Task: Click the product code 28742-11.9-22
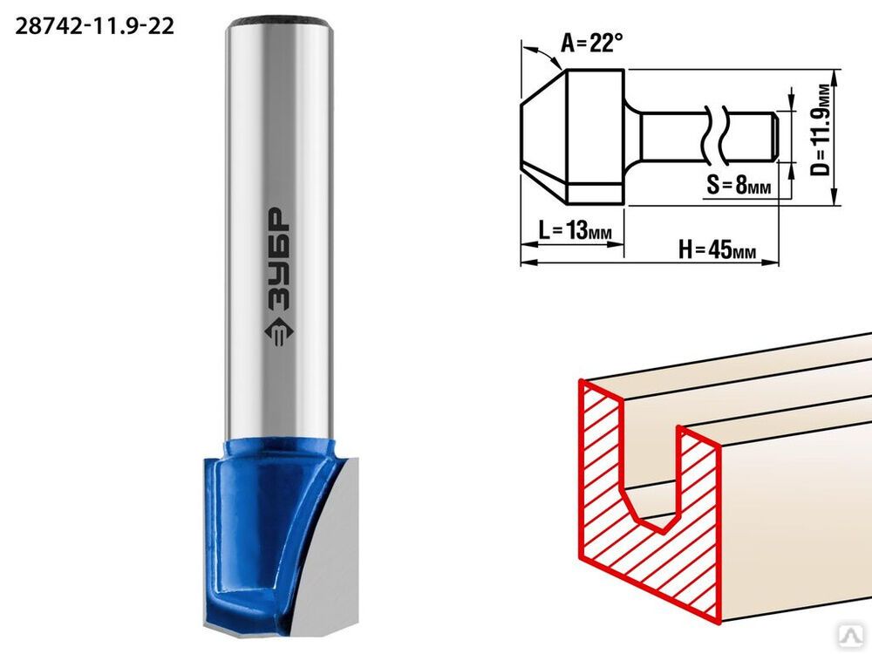tap(94, 26)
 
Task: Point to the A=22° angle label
tap(592, 43)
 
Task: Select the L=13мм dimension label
tap(575, 229)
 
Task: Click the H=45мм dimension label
tap(718, 249)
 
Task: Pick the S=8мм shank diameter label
tap(739, 184)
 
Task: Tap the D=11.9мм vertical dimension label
tap(822, 129)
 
